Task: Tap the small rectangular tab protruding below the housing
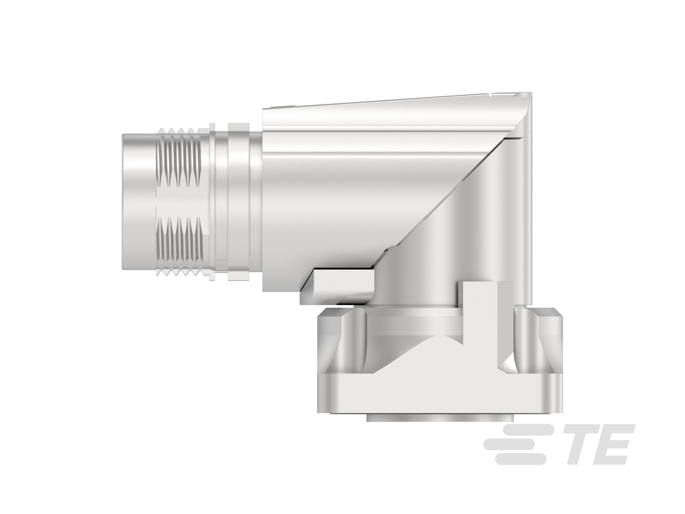pyautogui.click(x=338, y=287)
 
